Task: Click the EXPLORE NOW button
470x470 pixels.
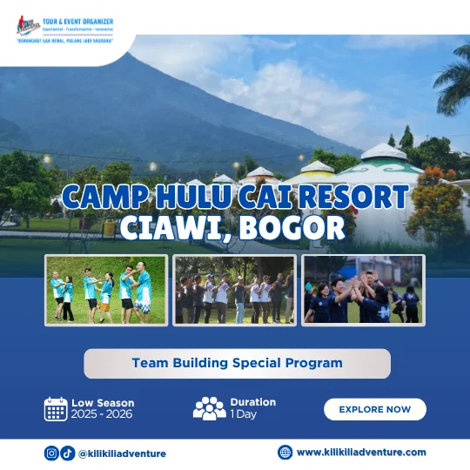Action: click(374, 409)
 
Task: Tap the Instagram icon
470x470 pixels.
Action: click(51, 453)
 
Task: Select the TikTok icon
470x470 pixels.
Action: click(67, 453)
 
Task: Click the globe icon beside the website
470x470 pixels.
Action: click(285, 452)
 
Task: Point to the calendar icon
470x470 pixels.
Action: click(56, 408)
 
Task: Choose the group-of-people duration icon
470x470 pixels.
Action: click(209, 408)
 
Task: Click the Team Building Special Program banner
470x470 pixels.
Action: click(237, 363)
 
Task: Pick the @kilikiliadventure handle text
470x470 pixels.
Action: click(122, 453)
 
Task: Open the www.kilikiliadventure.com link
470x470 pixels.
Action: click(361, 452)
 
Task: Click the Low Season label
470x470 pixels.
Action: click(103, 403)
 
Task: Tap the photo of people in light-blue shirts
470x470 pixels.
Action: click(106, 290)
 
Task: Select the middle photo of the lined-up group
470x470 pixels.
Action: click(234, 290)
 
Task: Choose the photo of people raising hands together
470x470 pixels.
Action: click(363, 290)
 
